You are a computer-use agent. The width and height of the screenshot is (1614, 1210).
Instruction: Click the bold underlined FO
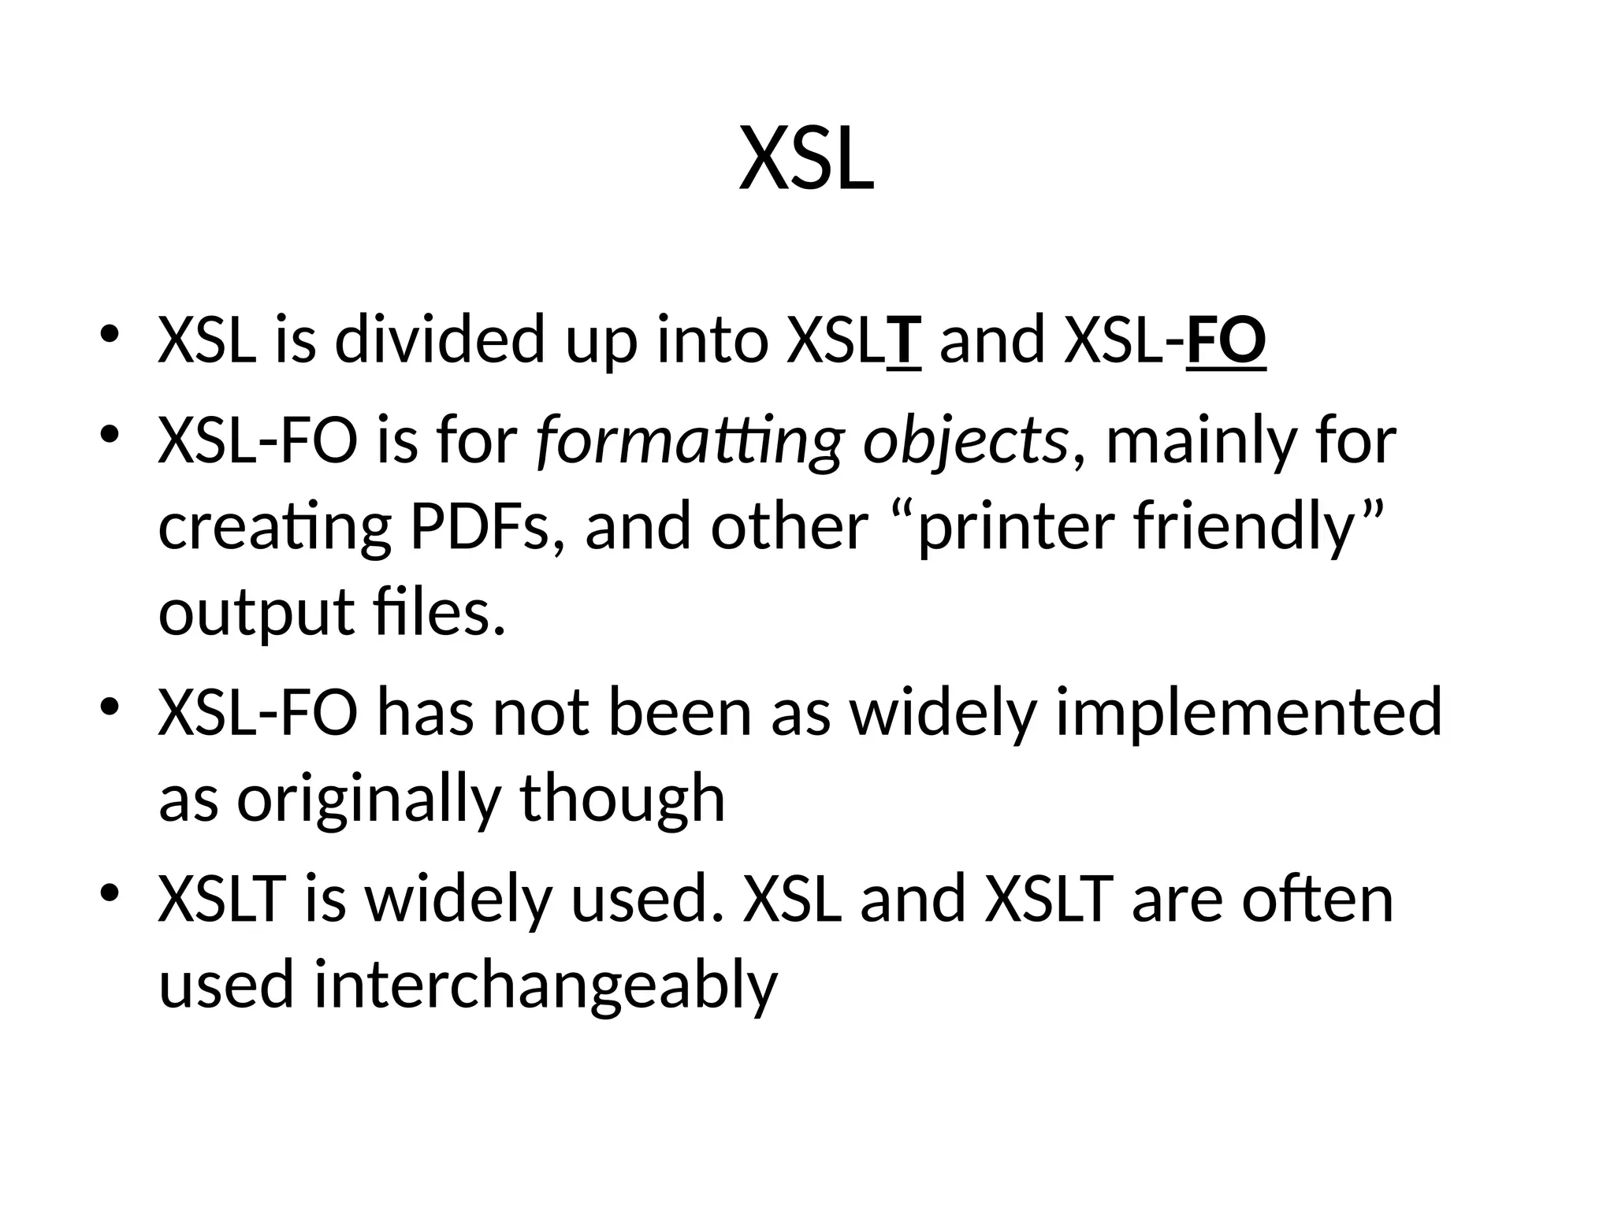tap(1225, 341)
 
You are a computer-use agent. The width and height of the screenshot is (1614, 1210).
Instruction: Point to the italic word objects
tap(965, 441)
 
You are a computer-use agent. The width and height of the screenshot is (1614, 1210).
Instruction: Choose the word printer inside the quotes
tap(1017, 527)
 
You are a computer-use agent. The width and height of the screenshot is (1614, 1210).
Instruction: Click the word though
tap(622, 799)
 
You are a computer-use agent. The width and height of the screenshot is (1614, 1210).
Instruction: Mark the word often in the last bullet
tap(1318, 899)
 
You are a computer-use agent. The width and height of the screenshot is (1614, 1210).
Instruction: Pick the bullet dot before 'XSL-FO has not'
tap(110, 705)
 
